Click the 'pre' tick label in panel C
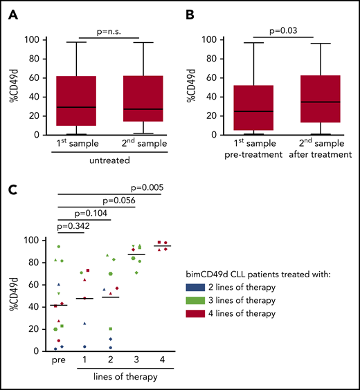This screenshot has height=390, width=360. pos(58,360)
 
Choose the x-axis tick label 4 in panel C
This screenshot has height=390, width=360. pos(162,360)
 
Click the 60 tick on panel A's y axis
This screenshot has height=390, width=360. pos(37,77)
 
